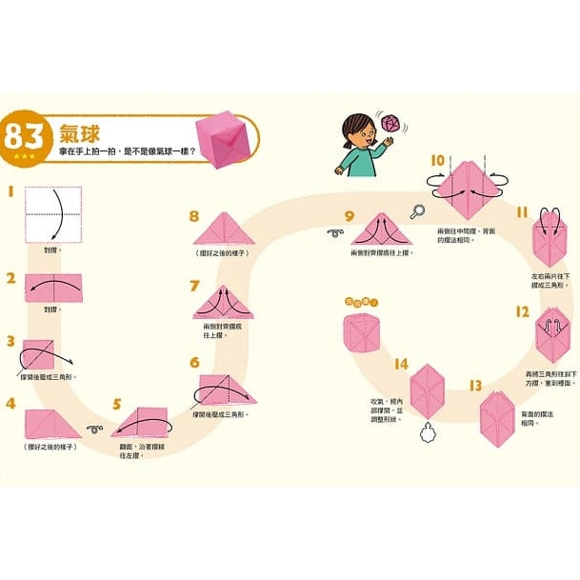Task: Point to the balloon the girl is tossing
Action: (390, 123)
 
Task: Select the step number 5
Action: (117, 403)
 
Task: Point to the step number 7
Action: (194, 286)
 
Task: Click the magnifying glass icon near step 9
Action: (416, 211)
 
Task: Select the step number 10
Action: (437, 160)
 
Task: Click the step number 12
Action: (521, 311)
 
